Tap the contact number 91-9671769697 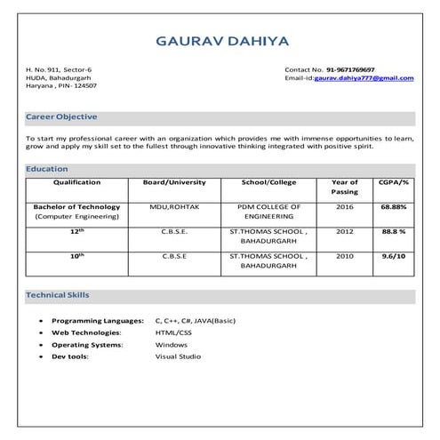(350, 69)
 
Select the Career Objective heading (61, 116)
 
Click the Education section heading (46, 169)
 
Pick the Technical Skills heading (58, 294)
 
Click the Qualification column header (76, 182)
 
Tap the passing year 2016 (345, 206)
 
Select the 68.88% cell (394, 206)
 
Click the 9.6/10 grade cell (394, 256)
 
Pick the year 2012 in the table (345, 231)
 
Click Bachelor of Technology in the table (76, 206)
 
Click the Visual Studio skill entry (178, 356)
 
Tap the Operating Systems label (87, 344)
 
